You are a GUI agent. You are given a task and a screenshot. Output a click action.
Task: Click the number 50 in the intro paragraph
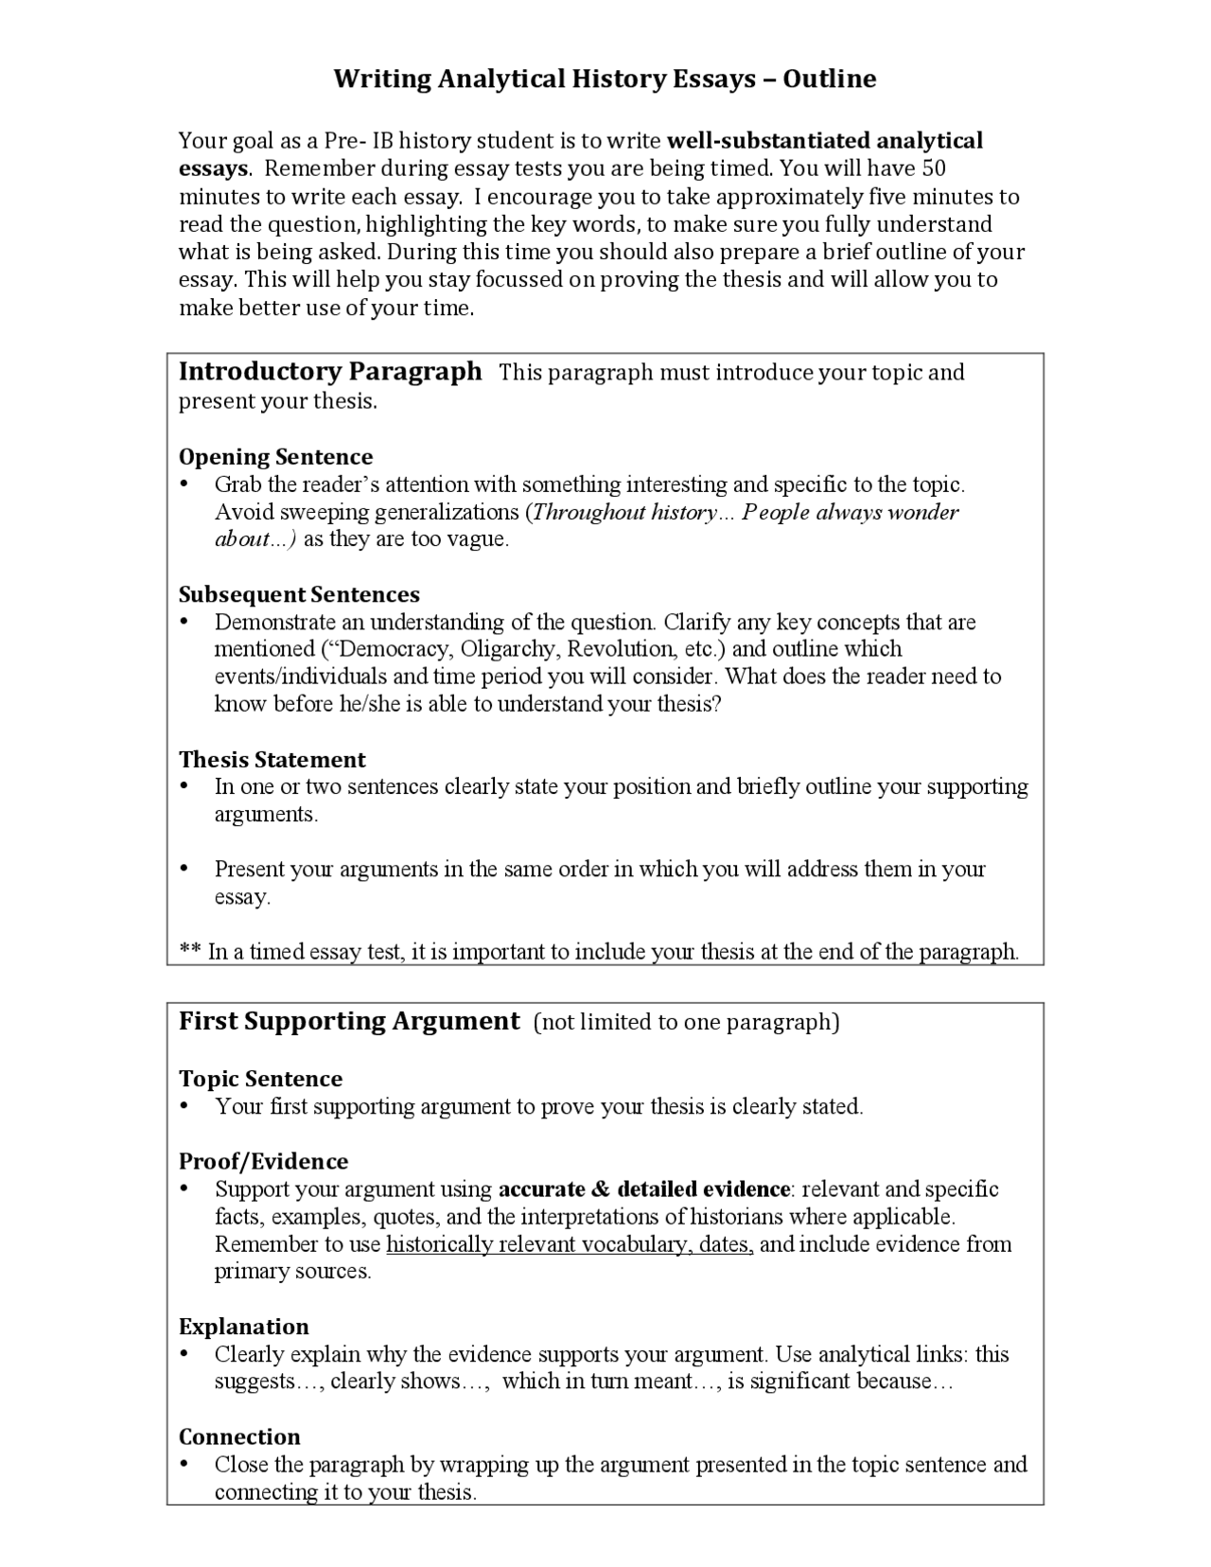[933, 168]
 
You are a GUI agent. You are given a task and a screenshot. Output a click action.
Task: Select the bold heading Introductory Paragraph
[330, 371]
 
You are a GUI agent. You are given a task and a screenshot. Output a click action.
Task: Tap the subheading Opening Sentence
[275, 457]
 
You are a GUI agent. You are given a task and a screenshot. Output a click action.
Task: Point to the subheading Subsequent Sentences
[299, 594]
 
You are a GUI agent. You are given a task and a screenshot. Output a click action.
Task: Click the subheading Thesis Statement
[272, 760]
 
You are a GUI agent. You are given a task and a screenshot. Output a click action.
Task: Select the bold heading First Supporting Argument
[349, 1021]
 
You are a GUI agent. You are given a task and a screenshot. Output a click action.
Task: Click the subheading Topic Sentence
[260, 1079]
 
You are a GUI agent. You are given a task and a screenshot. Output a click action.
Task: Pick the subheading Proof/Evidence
[263, 1161]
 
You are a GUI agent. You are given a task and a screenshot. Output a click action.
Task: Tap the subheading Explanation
[244, 1326]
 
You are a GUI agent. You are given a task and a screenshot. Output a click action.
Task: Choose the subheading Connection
[239, 1436]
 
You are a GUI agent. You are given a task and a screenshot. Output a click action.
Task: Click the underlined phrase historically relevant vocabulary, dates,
[570, 1244]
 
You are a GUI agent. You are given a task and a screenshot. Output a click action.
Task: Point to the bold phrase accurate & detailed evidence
[644, 1189]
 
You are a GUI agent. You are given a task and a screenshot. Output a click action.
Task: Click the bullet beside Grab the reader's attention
[184, 484]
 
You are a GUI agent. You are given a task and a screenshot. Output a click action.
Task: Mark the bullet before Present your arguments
[184, 869]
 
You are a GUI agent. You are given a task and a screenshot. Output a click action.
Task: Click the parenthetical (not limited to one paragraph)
[687, 1022]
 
